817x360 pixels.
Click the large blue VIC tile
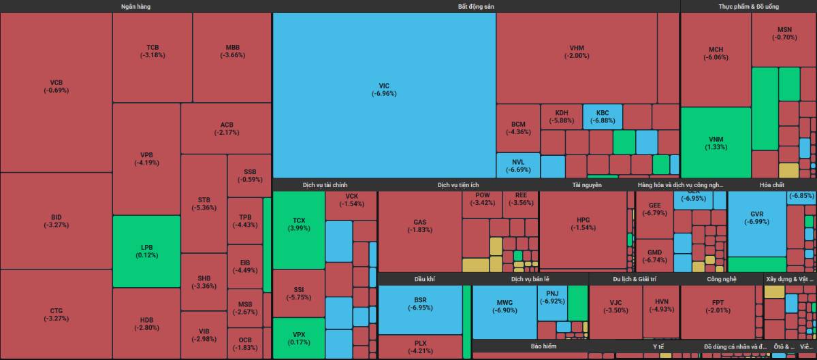[x=384, y=90]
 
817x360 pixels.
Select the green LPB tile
[x=146, y=251]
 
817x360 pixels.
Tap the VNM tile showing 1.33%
[x=716, y=143]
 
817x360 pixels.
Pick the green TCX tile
[x=298, y=225]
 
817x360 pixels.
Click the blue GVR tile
[x=756, y=218]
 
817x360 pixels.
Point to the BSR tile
[x=420, y=304]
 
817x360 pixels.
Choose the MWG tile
[x=504, y=306]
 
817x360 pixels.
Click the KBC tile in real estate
[x=603, y=116]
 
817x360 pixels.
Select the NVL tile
[x=517, y=165]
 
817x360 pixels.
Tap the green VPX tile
[x=298, y=338]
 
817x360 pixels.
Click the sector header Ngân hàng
[x=135, y=6]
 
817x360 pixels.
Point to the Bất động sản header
[x=475, y=6]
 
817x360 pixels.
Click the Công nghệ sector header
[x=721, y=279]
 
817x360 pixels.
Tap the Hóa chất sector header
[x=772, y=184]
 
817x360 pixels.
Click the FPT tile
[x=718, y=306]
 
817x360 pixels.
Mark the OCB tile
[x=245, y=343]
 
